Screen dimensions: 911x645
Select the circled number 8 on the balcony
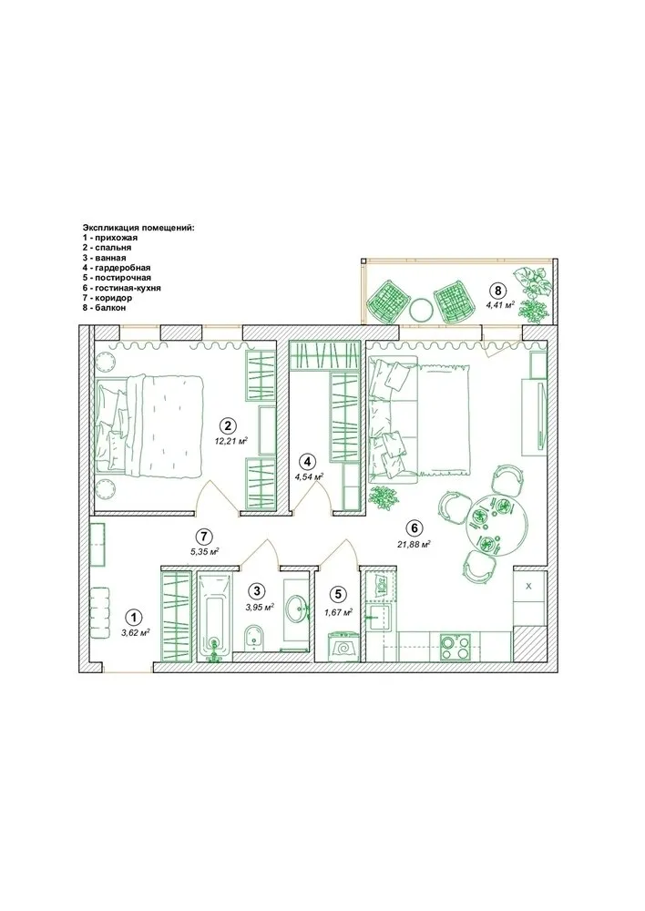(498, 290)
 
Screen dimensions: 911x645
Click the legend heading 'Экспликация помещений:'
(138, 227)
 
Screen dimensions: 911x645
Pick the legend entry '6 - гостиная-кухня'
(122, 288)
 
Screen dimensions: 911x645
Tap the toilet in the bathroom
(256, 637)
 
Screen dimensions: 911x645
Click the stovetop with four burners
(454, 647)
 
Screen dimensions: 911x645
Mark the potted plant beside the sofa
(384, 497)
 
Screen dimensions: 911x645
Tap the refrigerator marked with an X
(529, 587)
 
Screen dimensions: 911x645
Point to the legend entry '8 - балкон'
(104, 308)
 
